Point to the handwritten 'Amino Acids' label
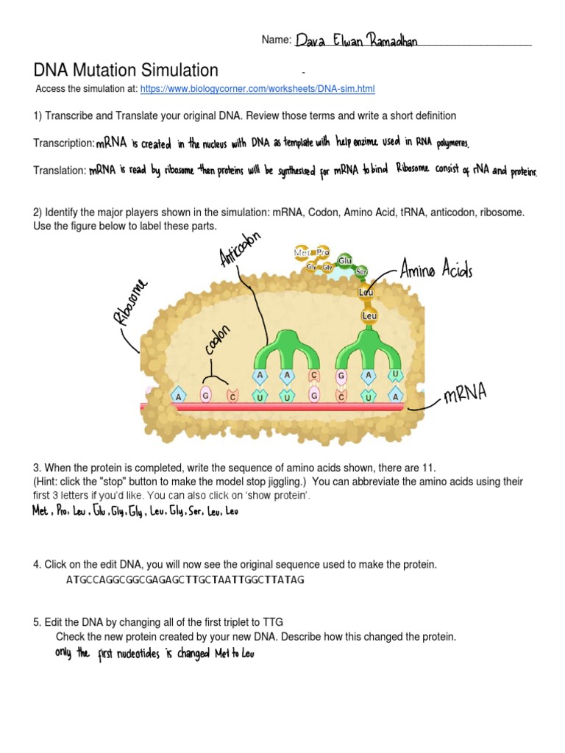click(x=436, y=271)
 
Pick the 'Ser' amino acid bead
click(x=361, y=271)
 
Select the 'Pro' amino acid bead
click(x=323, y=252)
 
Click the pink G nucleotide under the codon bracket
click(x=206, y=396)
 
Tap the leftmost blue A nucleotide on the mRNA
click(x=177, y=396)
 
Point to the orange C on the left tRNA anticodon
click(x=314, y=376)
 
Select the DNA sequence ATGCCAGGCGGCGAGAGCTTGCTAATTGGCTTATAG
click(x=185, y=579)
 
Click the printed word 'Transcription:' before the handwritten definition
click(x=64, y=143)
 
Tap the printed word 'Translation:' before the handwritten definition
click(x=60, y=171)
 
